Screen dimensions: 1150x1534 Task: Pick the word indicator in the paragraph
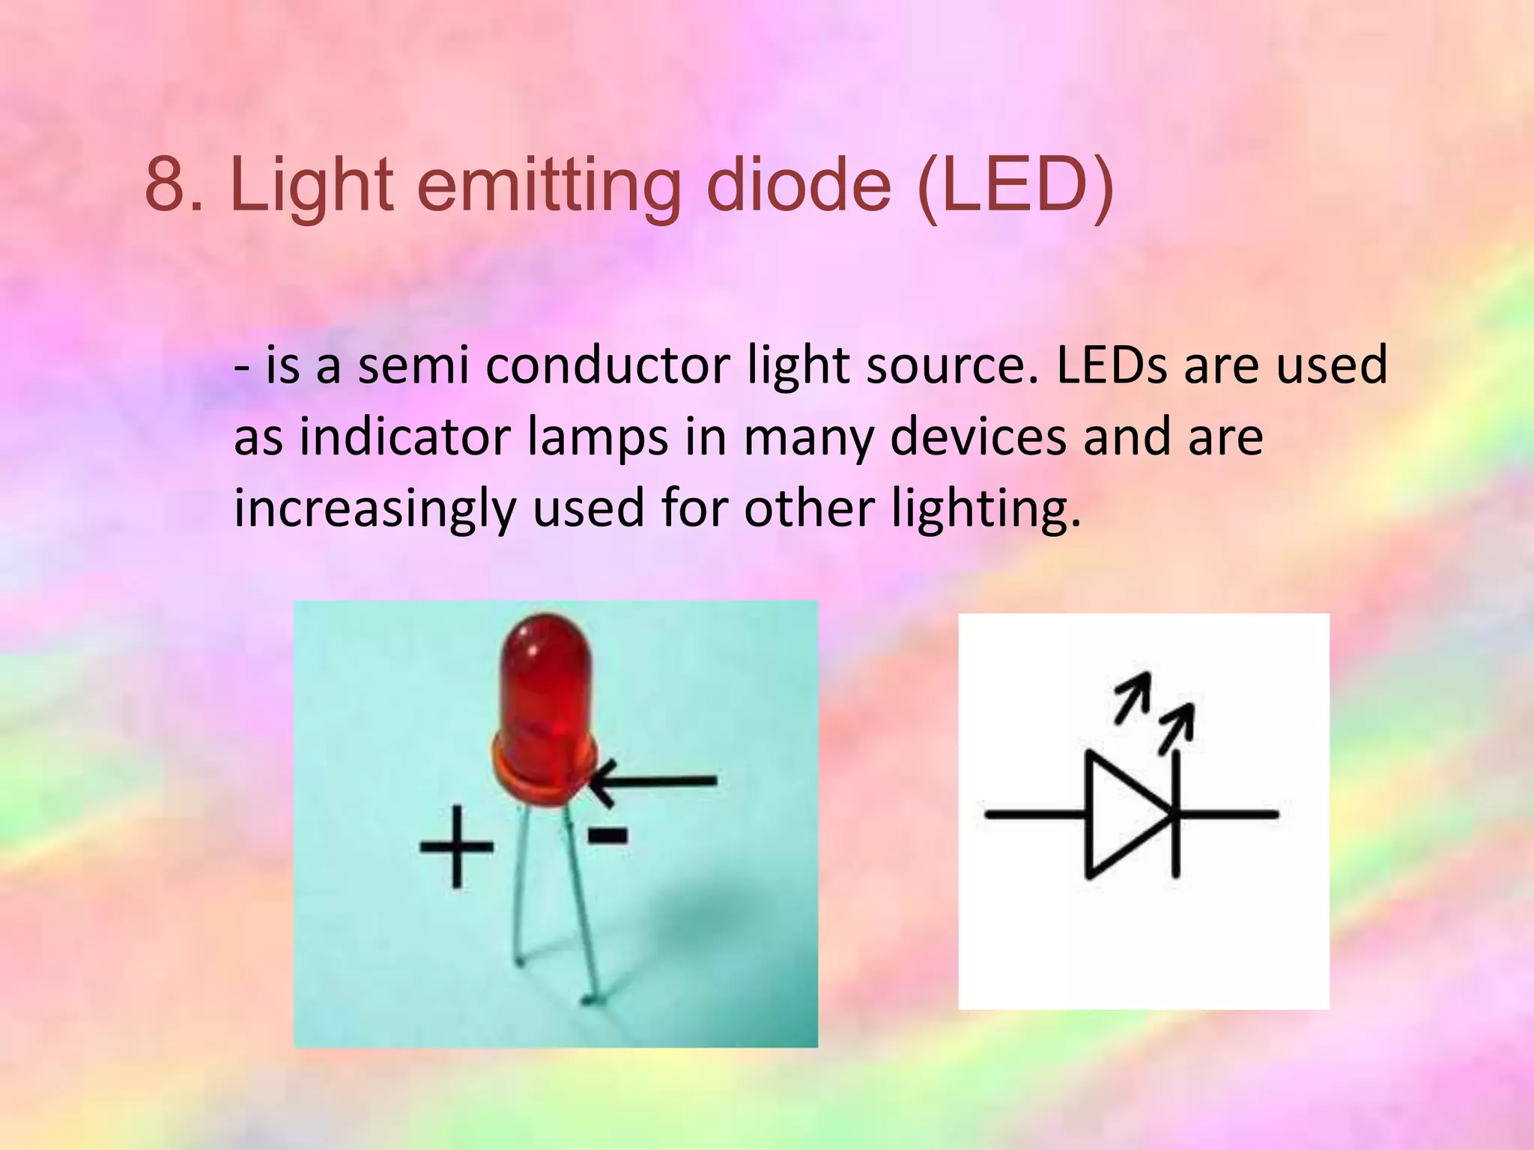405,437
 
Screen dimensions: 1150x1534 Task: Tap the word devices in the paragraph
978,437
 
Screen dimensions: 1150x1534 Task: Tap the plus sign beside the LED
456,847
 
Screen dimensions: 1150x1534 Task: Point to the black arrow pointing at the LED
652,782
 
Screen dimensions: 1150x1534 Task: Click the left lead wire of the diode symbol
1034,814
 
